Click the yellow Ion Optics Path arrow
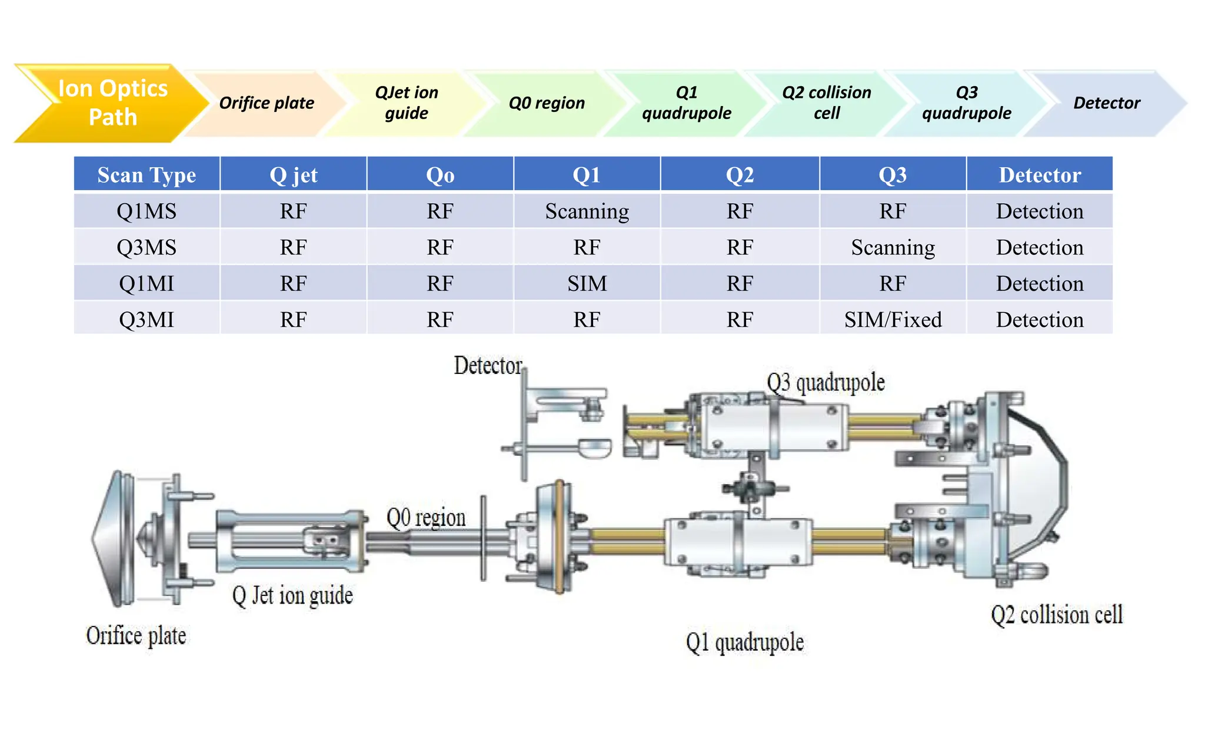(112, 103)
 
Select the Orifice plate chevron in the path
(266, 103)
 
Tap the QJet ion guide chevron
(406, 103)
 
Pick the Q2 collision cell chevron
(826, 103)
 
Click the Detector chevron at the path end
(1106, 103)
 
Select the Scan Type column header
(147, 175)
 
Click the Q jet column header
(293, 175)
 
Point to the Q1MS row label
(147, 211)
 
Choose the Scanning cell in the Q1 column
(587, 211)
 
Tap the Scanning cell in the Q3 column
(893, 247)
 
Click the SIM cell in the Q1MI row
(587, 283)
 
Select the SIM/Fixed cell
(893, 319)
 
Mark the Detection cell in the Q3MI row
(1039, 319)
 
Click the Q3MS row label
(147, 247)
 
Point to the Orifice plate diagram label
(136, 636)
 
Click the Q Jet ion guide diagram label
(292, 595)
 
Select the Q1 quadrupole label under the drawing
(744, 642)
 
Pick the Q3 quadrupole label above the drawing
(825, 383)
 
